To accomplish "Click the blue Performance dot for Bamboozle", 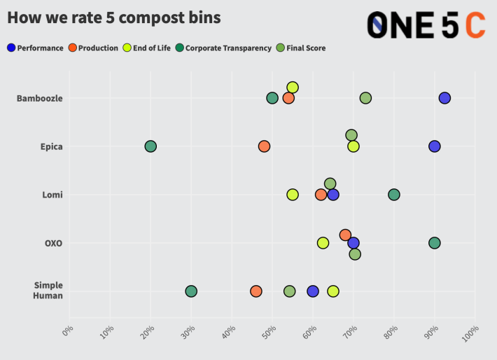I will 444,98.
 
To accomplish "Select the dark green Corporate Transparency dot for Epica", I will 150,146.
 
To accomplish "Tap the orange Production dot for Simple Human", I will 256,291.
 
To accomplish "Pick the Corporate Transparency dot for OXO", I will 435,243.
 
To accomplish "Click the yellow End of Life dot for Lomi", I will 293,195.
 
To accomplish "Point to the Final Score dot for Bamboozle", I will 365,98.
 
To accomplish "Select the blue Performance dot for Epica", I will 435,146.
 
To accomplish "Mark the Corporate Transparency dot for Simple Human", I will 191,291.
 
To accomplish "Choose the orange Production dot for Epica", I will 264,146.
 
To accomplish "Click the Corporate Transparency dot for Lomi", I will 394,195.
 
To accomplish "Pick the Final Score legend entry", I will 302,48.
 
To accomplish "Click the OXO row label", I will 53,243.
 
